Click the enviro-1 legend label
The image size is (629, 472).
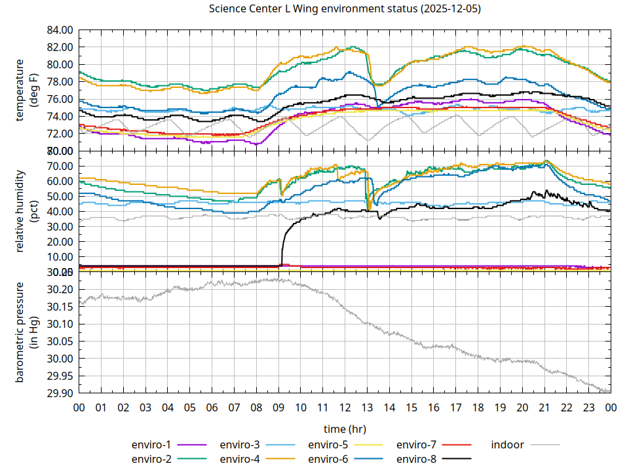tap(152, 445)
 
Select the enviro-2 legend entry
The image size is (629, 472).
tap(152, 458)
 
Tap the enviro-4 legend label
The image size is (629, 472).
tap(240, 458)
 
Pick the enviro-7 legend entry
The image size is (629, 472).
tap(417, 445)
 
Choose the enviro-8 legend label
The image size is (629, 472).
tap(417, 458)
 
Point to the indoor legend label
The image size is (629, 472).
tap(508, 445)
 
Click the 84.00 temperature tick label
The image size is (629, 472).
tap(60, 30)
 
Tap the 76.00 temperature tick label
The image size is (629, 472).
tap(60, 99)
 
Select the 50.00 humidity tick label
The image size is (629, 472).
tap(60, 197)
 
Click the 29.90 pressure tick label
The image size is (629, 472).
tap(60, 393)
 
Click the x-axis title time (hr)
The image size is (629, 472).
tap(345, 429)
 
